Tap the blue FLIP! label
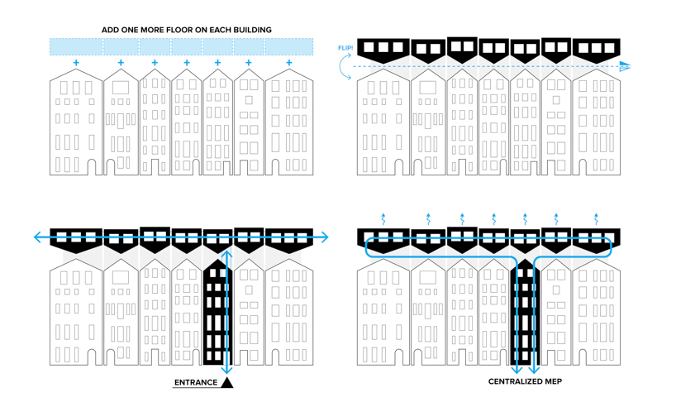345,49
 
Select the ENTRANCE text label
196,382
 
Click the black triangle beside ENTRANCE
226,382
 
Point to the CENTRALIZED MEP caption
525,381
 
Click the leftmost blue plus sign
76,63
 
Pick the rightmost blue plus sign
288,63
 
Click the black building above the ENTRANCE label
216,314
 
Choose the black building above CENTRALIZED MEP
525,314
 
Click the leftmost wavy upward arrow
383,219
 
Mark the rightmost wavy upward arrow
596,219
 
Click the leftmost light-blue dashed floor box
76,46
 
